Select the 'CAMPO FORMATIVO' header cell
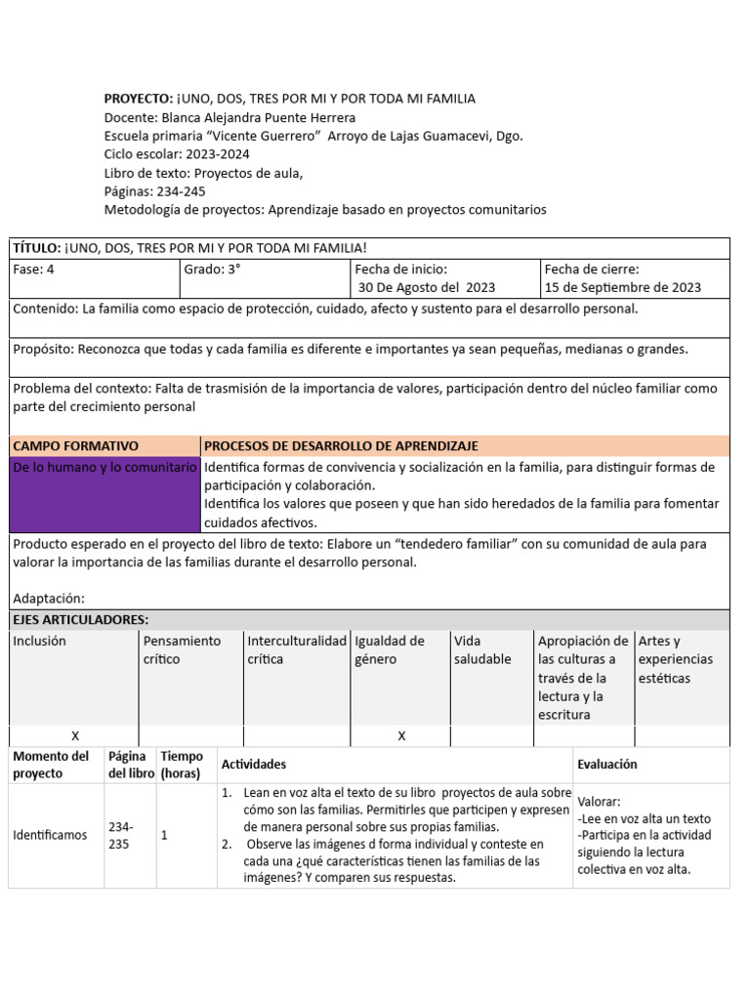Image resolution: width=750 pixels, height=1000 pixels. pos(76,445)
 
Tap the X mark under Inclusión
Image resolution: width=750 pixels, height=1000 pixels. pos(75,735)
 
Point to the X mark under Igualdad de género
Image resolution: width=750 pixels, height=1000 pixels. pos(401,735)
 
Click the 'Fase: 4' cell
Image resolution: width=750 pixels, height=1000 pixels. pos(35,270)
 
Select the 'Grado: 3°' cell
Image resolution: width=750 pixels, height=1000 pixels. pos(214,270)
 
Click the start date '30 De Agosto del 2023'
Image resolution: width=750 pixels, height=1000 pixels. pos(427,287)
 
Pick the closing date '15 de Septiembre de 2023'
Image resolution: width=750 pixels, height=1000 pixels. pos(623,287)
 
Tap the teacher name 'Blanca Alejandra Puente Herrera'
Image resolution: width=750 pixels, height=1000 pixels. pos(258,117)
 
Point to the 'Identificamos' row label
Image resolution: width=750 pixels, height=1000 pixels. pos(50,835)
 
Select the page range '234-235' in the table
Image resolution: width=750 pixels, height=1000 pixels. pos(121,835)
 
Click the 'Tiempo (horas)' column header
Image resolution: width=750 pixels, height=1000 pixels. pos(182,765)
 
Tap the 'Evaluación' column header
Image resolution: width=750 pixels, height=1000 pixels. pos(606,765)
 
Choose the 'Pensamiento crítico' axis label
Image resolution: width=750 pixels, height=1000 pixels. pos(182,649)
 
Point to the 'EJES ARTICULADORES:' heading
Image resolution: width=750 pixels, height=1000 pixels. pos(81,620)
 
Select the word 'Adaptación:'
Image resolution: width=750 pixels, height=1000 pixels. pos(49,598)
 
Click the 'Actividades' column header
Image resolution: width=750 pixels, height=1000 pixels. pos(254,765)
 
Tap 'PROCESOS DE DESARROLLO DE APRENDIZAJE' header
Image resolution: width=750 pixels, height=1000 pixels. pos(341,445)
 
